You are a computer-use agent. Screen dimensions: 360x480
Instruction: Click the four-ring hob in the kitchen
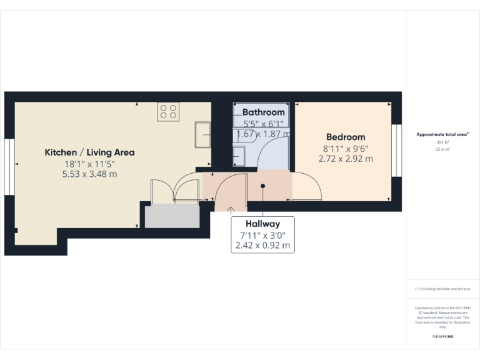[x=168, y=111]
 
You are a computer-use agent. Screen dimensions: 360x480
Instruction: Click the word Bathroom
[x=263, y=112]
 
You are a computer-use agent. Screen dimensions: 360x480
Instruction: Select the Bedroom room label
[x=346, y=137]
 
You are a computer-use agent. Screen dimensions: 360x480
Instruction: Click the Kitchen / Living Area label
[x=89, y=152]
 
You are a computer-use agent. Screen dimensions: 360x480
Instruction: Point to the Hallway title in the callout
[x=262, y=223]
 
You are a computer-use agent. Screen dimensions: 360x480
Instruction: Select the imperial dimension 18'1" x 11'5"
[x=89, y=164]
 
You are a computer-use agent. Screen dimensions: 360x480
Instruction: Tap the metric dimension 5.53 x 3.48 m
[x=89, y=174]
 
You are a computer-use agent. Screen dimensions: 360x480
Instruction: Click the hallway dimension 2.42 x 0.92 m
[x=262, y=246]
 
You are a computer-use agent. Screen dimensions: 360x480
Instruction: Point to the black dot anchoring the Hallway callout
[x=263, y=186]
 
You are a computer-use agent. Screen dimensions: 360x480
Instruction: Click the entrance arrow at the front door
[x=232, y=209]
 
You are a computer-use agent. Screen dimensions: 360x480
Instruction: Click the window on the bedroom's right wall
[x=394, y=151]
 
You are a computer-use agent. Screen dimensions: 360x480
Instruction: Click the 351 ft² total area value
[x=443, y=142]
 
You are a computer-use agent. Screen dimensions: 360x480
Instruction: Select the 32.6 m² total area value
[x=443, y=149]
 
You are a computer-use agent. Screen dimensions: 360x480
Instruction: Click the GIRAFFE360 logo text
[x=443, y=336]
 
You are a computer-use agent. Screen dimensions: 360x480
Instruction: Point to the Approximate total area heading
[x=442, y=134]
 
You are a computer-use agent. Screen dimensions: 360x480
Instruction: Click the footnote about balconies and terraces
[x=443, y=289]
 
